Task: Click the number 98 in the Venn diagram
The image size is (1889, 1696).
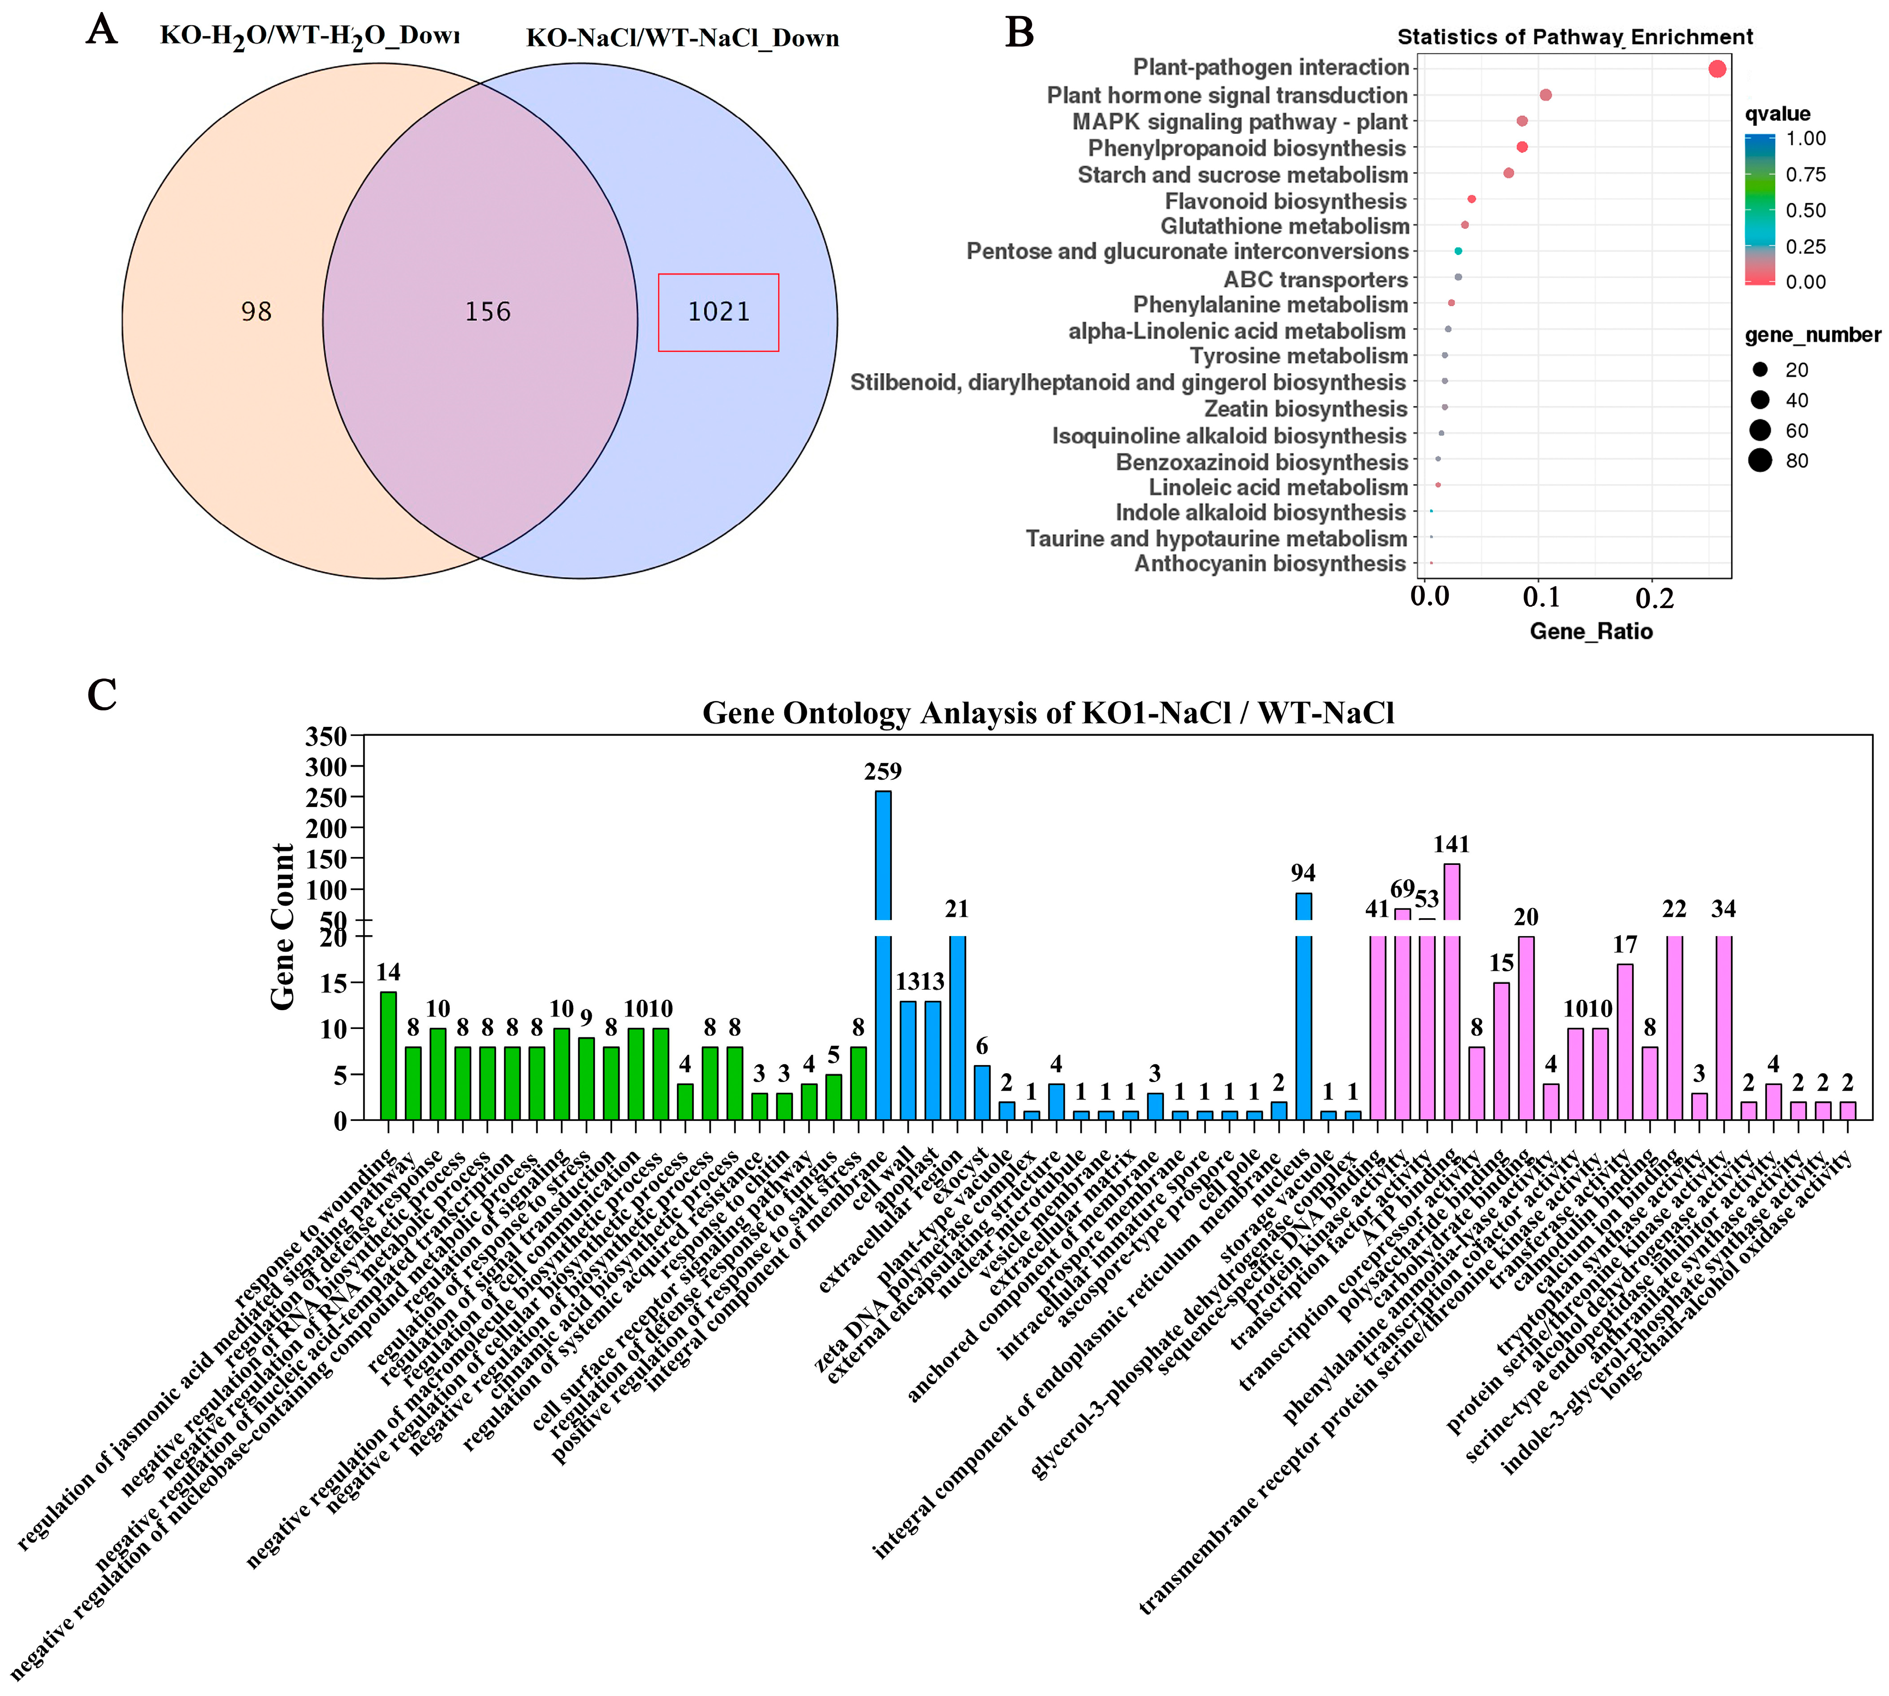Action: click(256, 311)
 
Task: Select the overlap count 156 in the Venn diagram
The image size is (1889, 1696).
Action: click(487, 311)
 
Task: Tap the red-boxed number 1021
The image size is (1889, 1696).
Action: click(718, 311)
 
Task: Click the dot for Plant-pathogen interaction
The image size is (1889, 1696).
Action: click(1717, 69)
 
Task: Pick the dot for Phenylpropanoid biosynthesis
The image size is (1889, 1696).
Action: click(1522, 147)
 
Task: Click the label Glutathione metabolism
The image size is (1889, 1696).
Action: click(1284, 227)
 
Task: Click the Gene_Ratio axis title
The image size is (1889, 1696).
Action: click(1591, 632)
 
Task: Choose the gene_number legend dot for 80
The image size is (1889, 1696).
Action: click(1759, 460)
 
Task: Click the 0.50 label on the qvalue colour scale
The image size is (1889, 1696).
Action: click(1805, 210)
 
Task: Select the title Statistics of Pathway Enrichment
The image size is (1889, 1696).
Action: click(1575, 37)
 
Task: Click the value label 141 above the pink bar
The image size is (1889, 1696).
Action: click(1451, 844)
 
